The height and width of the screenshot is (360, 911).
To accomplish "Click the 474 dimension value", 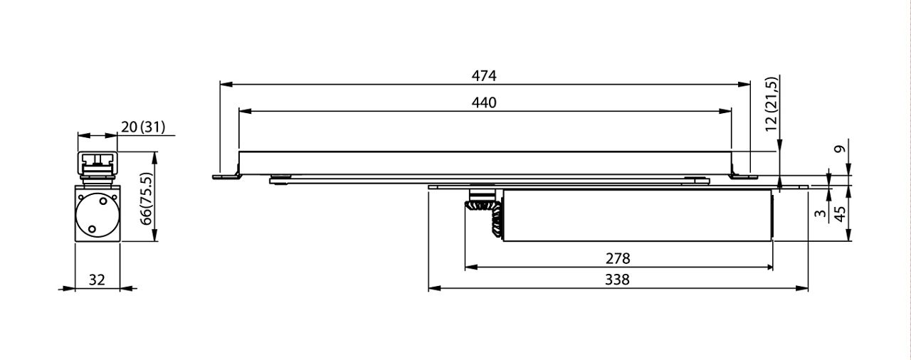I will pos(484,75).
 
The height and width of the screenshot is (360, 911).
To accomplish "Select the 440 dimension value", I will pos(484,102).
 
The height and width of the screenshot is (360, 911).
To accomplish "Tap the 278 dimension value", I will pos(618,258).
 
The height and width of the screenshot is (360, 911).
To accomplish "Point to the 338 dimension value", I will pos(618,280).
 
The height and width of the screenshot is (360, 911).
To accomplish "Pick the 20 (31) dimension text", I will pos(143,127).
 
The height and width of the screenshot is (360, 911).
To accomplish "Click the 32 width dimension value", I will pos(97,280).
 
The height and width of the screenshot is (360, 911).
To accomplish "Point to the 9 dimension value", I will pos(840,150).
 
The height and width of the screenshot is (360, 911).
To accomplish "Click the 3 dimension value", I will pos(820,213).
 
